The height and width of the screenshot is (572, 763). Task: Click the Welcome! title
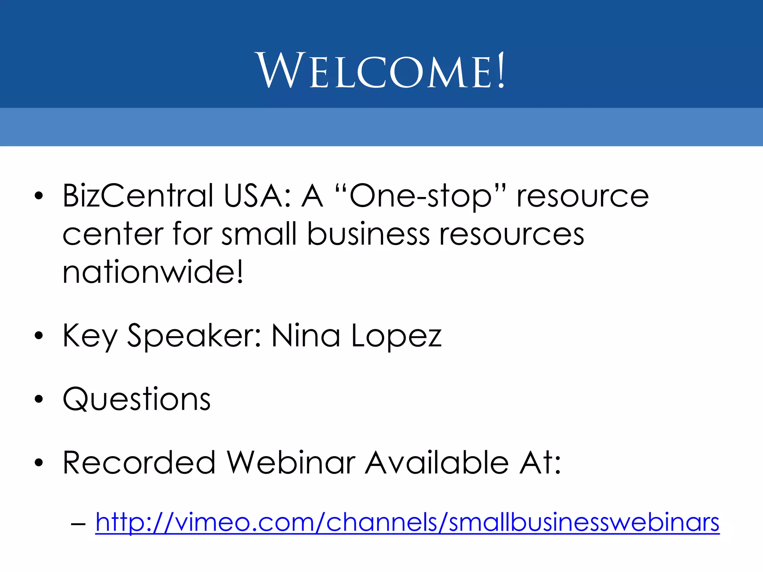[380, 71]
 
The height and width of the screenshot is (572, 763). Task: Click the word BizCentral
[138, 196]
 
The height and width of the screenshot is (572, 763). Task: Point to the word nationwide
[153, 272]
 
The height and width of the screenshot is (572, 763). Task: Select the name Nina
[305, 335]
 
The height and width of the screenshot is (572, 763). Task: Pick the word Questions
[137, 399]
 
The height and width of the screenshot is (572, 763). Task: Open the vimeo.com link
[407, 522]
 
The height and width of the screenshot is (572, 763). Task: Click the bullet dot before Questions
[39, 399]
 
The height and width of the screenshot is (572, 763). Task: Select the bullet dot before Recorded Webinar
[39, 463]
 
